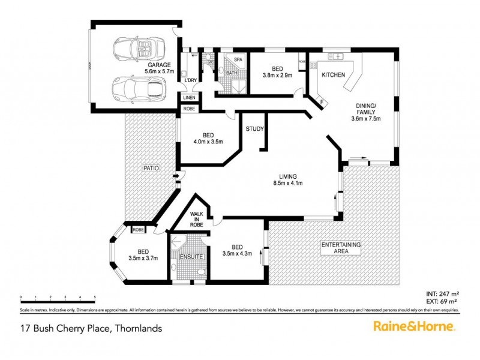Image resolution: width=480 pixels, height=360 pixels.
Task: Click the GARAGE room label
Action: click(159, 65)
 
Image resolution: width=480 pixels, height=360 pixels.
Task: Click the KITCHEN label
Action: click(333, 75)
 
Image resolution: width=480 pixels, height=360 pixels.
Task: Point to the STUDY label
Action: click(254, 129)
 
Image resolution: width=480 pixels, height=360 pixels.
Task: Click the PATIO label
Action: click(151, 169)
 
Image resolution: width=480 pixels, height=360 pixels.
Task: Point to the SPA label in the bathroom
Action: click(238, 60)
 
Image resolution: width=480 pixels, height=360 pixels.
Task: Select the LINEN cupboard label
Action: click(189, 97)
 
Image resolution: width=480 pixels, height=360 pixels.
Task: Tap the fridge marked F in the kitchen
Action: click(322, 102)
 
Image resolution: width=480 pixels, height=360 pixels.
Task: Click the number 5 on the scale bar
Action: click(95, 297)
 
